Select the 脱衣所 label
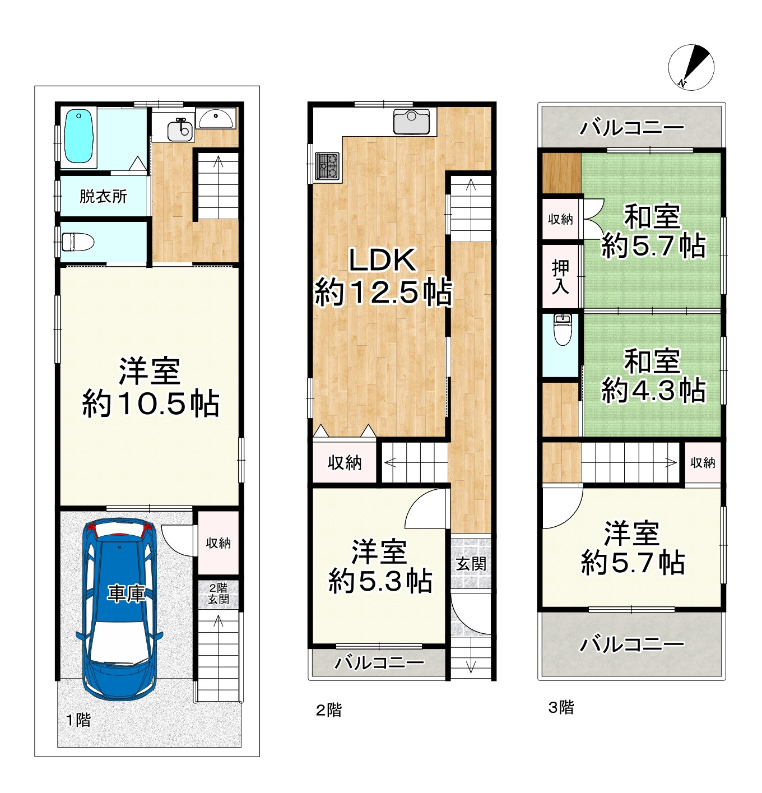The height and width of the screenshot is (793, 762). [x=103, y=196]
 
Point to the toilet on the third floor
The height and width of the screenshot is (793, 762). [x=563, y=330]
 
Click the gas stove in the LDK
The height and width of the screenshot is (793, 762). [x=327, y=165]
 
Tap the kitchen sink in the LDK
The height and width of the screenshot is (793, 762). [x=411, y=122]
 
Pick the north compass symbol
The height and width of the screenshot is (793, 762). [x=691, y=67]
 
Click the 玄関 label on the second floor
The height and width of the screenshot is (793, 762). [x=471, y=564]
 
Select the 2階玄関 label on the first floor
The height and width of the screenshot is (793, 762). [x=219, y=593]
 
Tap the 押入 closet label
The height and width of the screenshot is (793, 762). [x=560, y=277]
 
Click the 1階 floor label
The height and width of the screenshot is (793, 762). [x=78, y=720]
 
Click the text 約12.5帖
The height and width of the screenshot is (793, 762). [x=383, y=292]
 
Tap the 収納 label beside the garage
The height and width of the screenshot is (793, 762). [x=219, y=543]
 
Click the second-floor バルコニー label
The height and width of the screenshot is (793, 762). [x=379, y=662]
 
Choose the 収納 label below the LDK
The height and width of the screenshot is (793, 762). [x=345, y=463]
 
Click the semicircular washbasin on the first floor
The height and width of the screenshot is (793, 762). [x=215, y=119]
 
